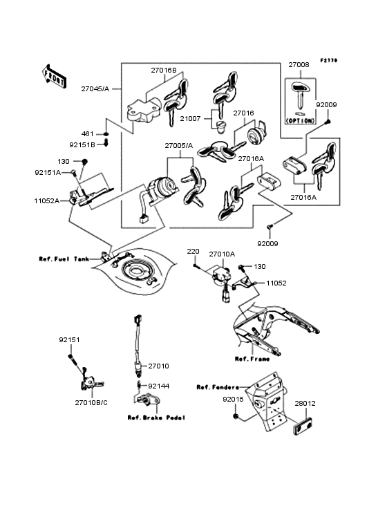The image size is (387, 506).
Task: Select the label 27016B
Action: pos(164,71)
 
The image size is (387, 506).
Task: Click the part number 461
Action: pos(88,133)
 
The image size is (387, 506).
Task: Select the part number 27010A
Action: pos(222,254)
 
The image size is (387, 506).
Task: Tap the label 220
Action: pos(193,252)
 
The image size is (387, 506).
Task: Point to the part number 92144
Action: pos(159,386)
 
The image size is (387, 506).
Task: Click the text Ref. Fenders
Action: pos(218,386)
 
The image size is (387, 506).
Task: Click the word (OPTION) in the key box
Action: pos(299,120)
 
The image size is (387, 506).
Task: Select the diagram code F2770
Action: pos(329,60)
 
